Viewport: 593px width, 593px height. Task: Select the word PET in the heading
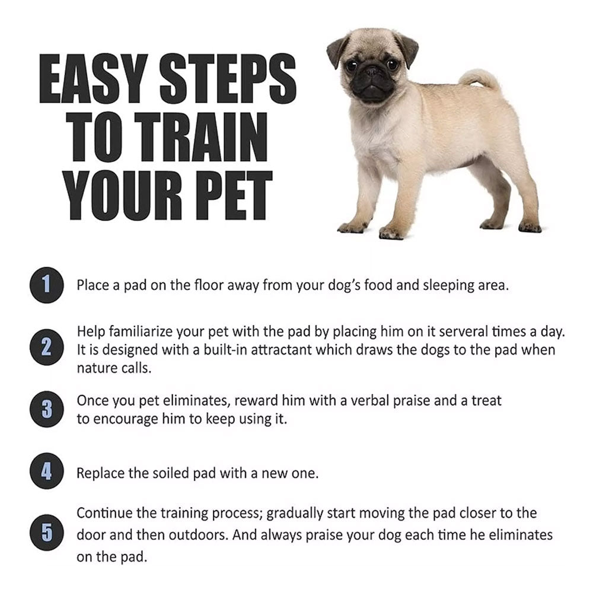228,195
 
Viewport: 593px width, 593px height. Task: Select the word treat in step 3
486,400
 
